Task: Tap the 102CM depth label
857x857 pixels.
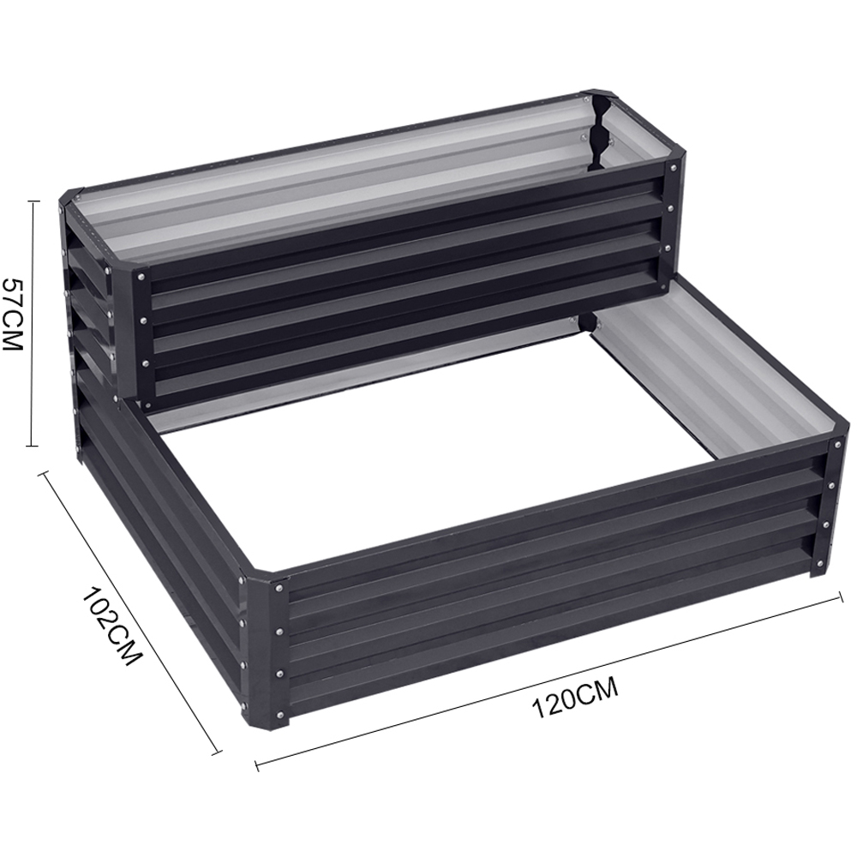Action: coord(112,626)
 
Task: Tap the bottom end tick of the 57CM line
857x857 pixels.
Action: coord(33,446)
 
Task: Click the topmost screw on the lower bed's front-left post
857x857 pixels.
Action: coord(280,589)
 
